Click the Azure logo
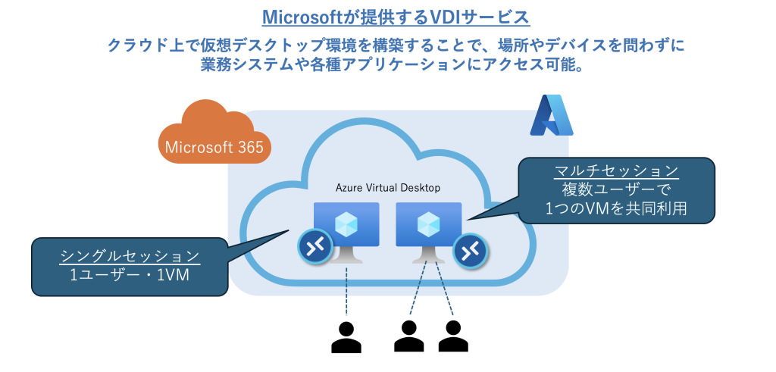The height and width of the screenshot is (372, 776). [x=551, y=116]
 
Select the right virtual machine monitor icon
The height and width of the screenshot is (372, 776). [x=428, y=227]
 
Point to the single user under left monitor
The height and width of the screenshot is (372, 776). [x=346, y=338]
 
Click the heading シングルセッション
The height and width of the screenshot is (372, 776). [x=130, y=255]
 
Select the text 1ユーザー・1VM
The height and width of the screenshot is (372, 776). [x=130, y=277]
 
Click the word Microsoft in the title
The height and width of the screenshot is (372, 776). [x=300, y=17]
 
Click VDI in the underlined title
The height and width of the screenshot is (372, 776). [x=448, y=17]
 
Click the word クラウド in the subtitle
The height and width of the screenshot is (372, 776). [x=139, y=46]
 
